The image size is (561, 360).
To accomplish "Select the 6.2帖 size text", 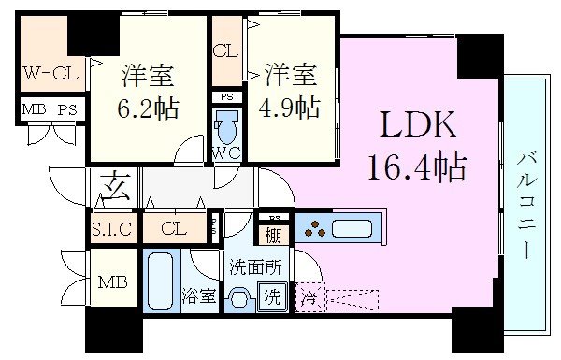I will click(x=150, y=107).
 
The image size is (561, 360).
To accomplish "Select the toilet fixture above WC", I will click(x=225, y=125).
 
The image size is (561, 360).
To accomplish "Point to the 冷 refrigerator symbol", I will click(x=308, y=299).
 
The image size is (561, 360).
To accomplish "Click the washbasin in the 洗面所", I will click(x=240, y=299).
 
